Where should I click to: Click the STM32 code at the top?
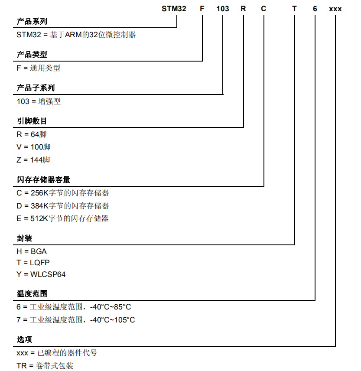[174, 9]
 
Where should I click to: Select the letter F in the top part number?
[202, 9]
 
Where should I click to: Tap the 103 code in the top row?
[223, 9]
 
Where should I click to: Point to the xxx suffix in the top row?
[335, 9]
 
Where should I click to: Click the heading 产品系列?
[32, 22]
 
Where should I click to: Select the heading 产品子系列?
[36, 88]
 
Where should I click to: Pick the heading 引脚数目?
[32, 121]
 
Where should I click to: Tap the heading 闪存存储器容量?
[43, 179]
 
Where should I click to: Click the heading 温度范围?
[32, 293]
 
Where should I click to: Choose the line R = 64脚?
[32, 134]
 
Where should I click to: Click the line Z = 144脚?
[33, 160]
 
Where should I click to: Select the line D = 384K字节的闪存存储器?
[63, 206]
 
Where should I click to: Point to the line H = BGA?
[32, 251]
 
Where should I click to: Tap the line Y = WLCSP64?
[41, 274]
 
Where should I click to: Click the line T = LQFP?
[33, 263]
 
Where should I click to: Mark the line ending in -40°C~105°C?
[76, 320]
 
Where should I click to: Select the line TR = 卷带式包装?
[45, 366]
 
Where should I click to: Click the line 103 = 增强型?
[39, 101]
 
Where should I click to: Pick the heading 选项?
[24, 339]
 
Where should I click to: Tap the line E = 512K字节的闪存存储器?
[62, 218]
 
